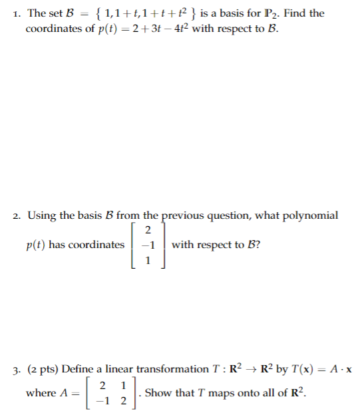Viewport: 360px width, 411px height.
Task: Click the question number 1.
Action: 15,13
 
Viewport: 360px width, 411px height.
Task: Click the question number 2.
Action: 15,215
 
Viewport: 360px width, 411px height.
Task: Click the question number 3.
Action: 15,369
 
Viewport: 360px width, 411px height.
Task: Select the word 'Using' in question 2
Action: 41,215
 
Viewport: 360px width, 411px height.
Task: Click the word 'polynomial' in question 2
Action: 310,215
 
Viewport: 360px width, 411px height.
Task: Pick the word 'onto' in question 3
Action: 242,392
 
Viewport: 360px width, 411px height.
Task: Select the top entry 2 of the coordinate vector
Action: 149,231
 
